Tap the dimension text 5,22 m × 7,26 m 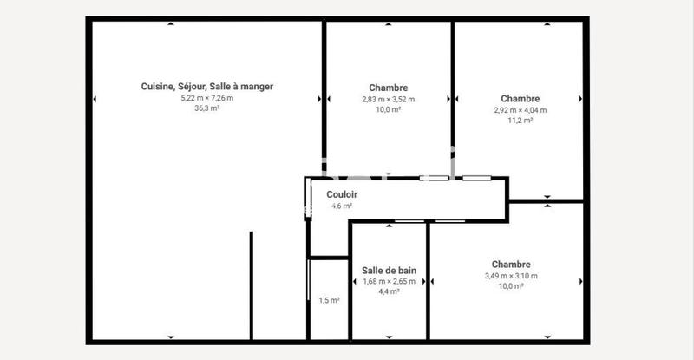pos(207,98)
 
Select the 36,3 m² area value pos(207,108)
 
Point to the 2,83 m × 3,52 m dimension pos(389,99)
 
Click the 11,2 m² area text pos(520,121)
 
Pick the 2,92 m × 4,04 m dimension pos(520,110)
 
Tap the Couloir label pos(342,194)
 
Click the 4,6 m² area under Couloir pos(342,206)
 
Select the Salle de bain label pos(389,271)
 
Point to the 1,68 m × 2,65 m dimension pos(389,281)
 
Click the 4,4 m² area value pos(389,291)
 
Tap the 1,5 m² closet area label pos(329,300)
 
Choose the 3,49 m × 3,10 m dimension pos(511,276)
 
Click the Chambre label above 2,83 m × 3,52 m pos(389,88)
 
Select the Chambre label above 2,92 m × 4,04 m pos(520,99)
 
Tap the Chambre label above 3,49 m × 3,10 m pos(511,265)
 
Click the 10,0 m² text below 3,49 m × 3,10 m pos(511,286)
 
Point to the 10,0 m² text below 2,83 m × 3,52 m pos(389,109)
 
